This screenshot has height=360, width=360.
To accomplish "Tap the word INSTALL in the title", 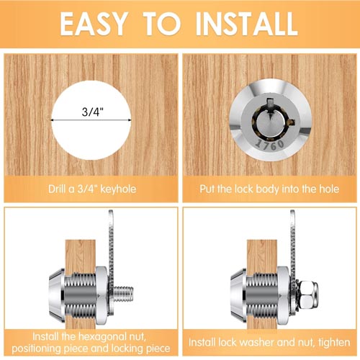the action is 247,24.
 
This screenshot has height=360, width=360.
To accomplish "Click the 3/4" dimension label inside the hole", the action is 93,112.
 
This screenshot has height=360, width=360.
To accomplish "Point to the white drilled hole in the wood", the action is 91,120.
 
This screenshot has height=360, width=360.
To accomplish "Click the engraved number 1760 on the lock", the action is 270,144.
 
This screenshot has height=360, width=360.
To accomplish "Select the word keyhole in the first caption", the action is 118,189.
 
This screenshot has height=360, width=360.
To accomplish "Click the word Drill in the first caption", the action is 57,189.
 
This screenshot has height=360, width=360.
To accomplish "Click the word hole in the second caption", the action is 329,189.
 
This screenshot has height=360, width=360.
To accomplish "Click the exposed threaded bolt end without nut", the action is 123,293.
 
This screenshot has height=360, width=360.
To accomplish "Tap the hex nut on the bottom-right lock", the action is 309,294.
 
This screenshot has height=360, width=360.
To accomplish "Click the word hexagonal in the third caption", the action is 102,337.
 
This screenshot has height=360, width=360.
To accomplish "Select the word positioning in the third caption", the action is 37,348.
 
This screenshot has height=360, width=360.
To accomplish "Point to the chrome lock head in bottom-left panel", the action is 57,295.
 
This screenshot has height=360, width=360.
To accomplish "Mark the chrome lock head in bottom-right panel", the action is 238,295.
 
